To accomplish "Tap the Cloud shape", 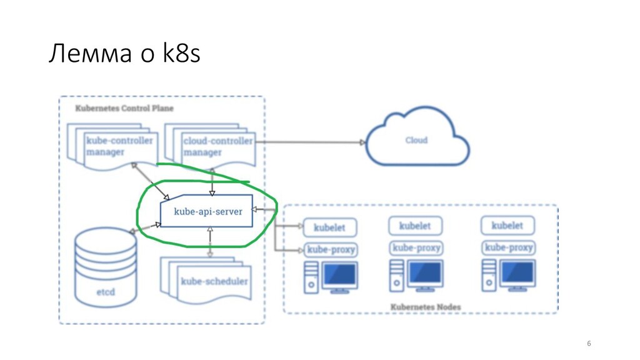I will coord(417,140).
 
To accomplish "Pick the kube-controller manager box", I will coord(116,147).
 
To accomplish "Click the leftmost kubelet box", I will coord(329,227).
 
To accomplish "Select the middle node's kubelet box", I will coord(416,226).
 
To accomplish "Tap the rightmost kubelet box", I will coord(507,226).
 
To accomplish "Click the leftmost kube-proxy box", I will coord(331,250).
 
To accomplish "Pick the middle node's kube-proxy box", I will coord(417,248).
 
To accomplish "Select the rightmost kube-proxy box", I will coord(509,248).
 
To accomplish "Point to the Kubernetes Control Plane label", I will coord(124,108).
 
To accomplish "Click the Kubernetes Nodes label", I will coord(426,307).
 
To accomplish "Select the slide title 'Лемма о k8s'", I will coord(124,55).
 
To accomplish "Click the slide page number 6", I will coord(587,344).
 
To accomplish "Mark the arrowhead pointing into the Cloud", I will coord(362,142).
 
